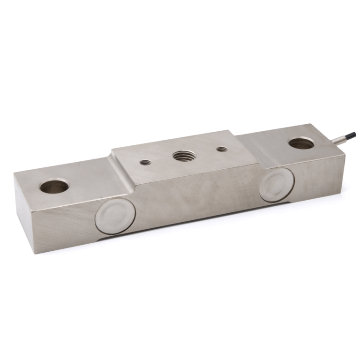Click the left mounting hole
tap(54, 186)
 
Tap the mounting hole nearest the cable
tap(301, 142)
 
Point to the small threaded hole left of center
tap(146, 162)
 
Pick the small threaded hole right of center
tap(222, 150)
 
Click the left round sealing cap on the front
tap(115, 215)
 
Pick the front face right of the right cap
tap(319, 178)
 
